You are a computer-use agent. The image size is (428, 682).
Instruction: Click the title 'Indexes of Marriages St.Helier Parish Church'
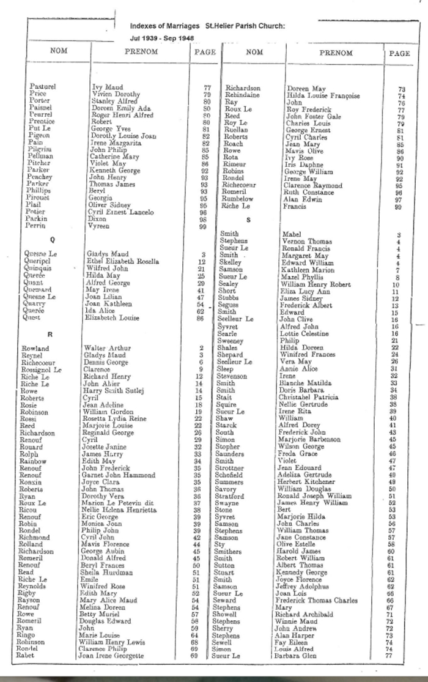(x=207, y=26)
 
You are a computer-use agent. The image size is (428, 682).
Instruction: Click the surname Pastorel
(x=43, y=87)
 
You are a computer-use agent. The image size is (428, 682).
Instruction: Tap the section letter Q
(x=42, y=240)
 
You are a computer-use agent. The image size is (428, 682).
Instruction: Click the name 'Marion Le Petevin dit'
(x=115, y=503)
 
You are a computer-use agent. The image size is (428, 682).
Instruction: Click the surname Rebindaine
(x=243, y=95)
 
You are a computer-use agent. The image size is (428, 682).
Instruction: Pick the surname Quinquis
(x=38, y=269)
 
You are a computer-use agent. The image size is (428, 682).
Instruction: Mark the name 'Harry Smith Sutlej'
(x=113, y=390)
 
